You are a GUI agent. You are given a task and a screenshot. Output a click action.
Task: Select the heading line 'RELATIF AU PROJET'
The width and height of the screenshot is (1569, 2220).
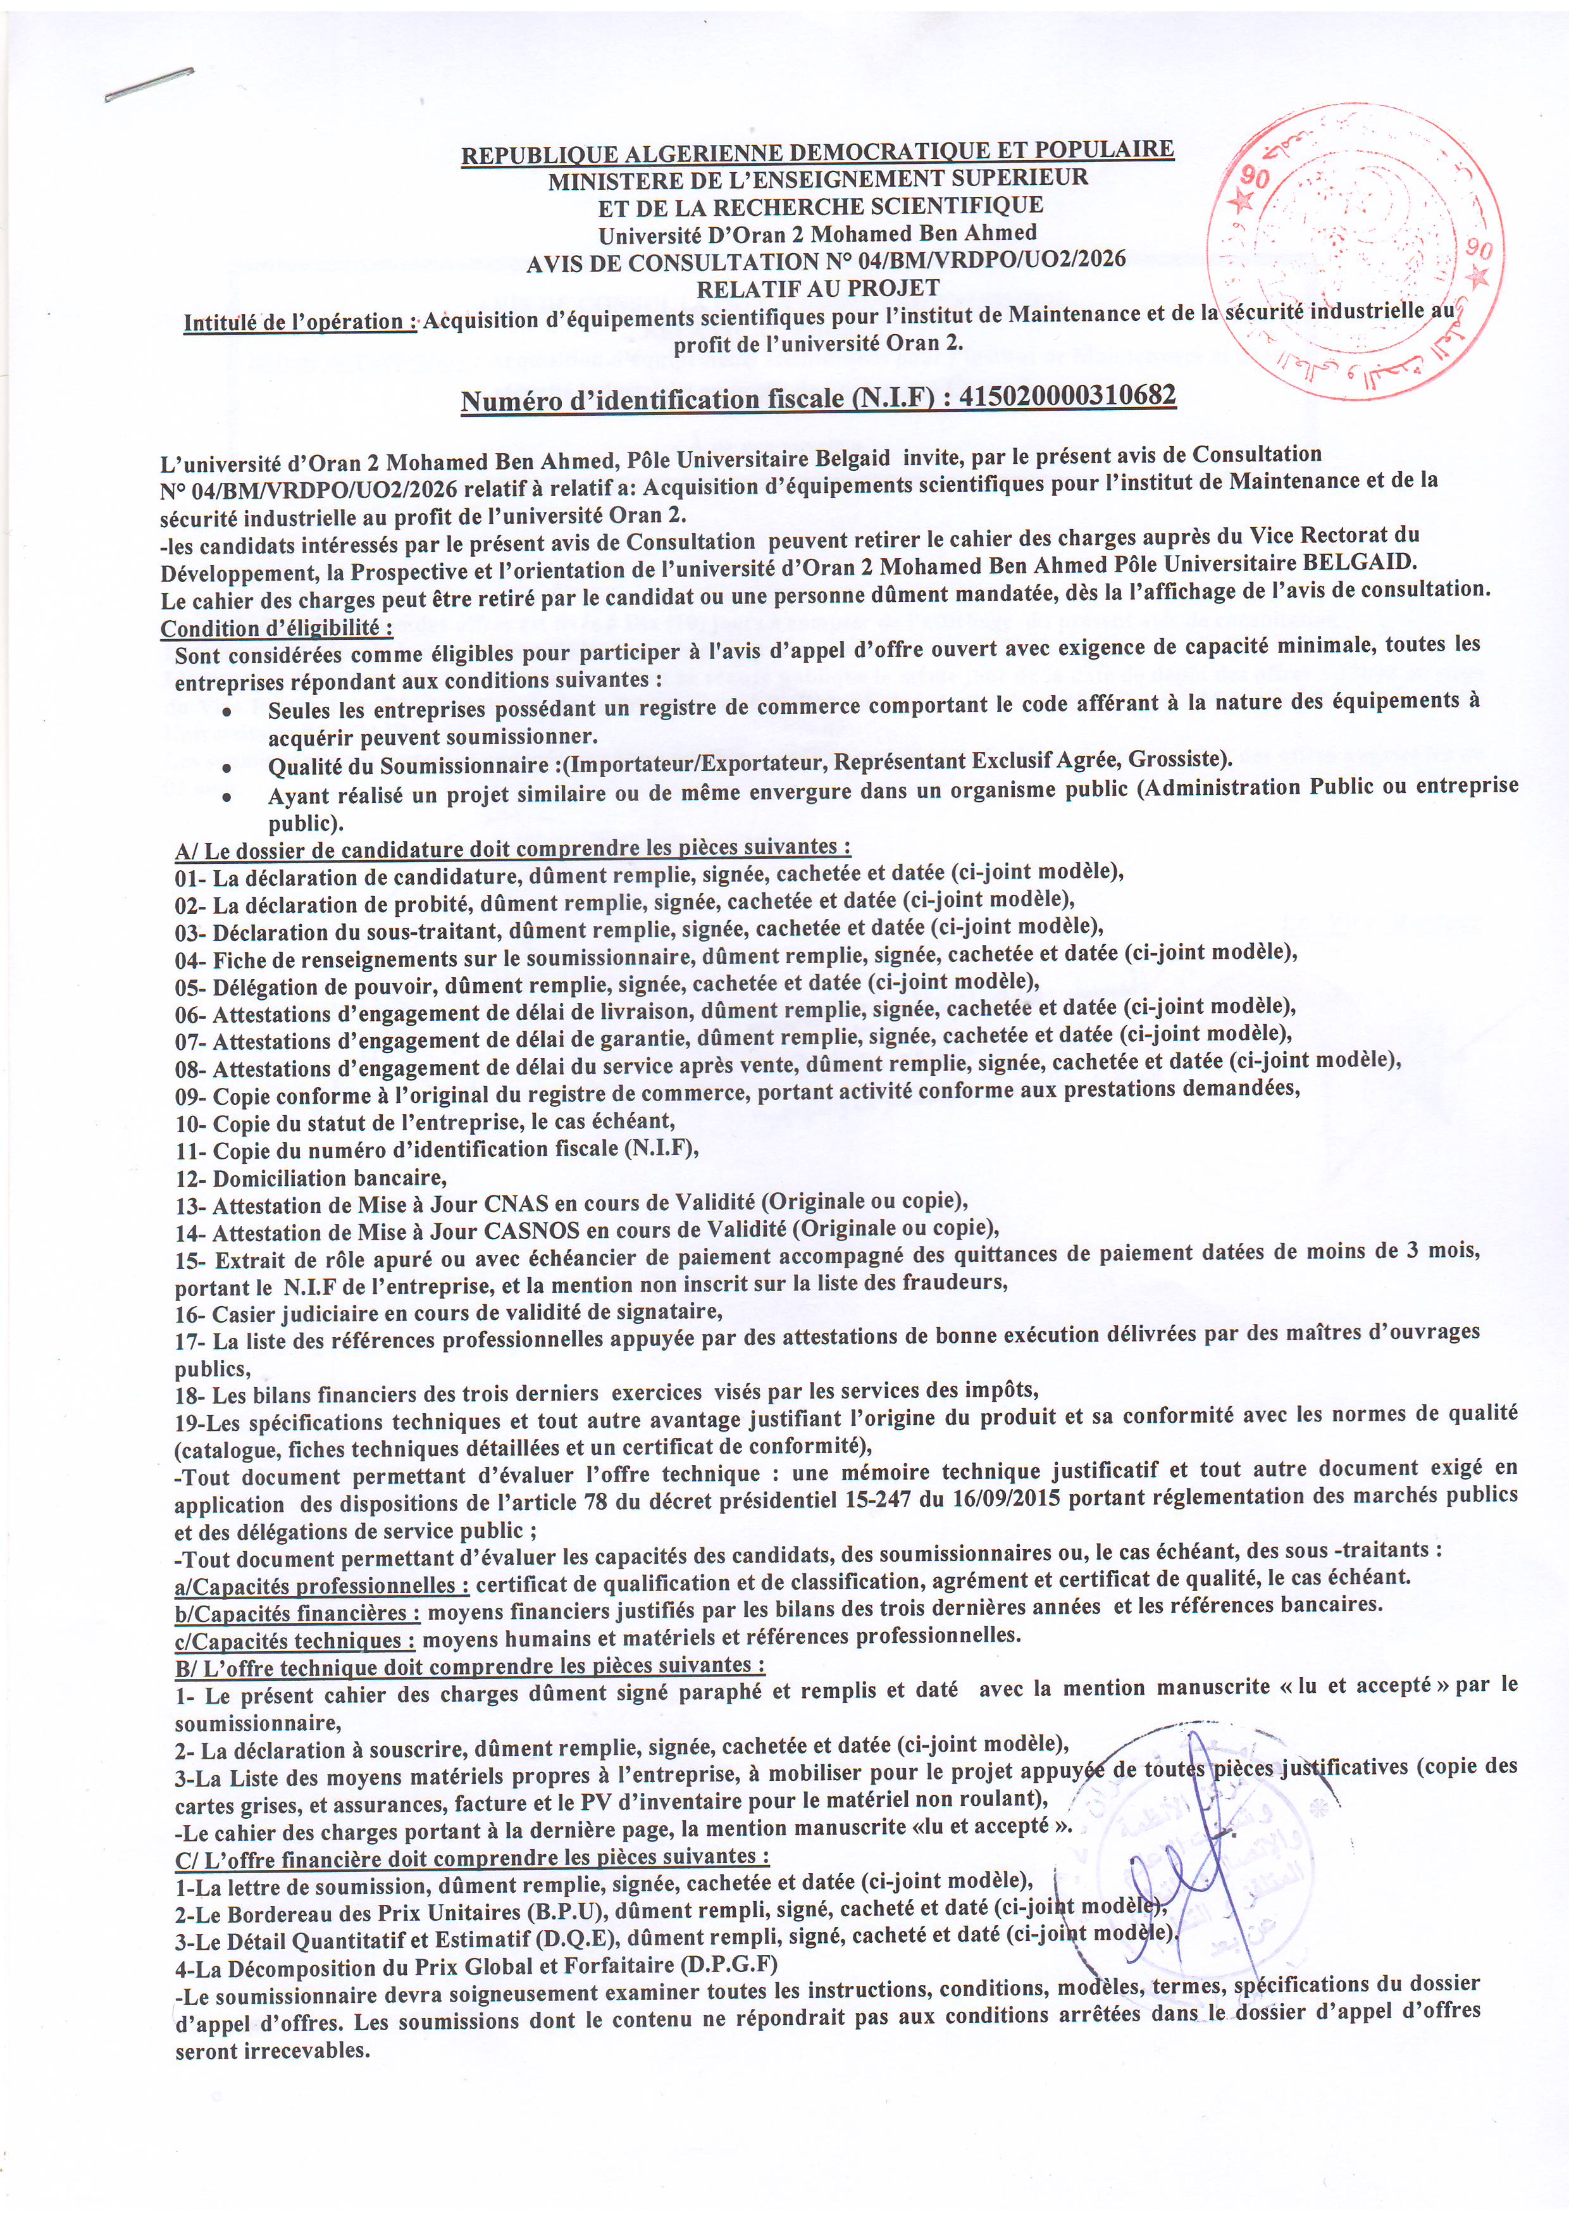[x=818, y=287]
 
